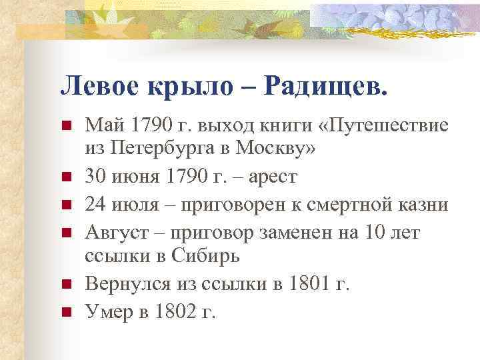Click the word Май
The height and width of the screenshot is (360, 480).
tap(101, 125)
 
